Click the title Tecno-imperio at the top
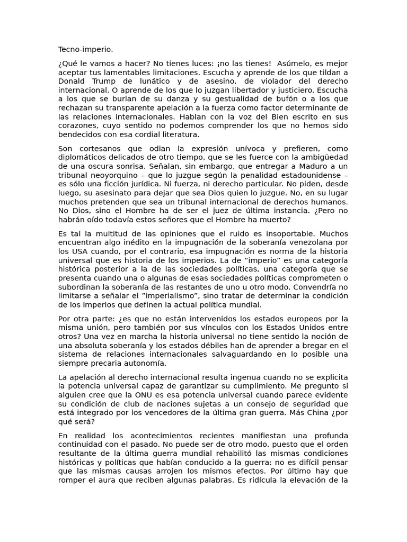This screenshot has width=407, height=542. [85, 49]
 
